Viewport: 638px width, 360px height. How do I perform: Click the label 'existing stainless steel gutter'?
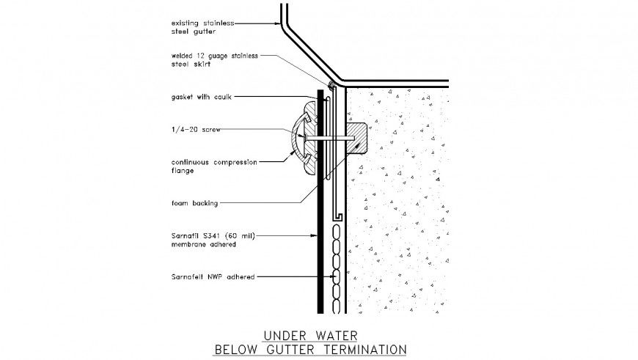click(202, 26)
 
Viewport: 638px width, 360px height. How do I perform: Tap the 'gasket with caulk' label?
click(202, 97)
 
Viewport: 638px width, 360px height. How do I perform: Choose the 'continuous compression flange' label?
click(213, 166)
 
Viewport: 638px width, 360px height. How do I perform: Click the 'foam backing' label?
click(194, 203)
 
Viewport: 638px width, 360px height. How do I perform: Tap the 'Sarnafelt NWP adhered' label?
click(213, 277)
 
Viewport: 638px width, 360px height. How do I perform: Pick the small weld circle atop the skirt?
click(331, 84)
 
